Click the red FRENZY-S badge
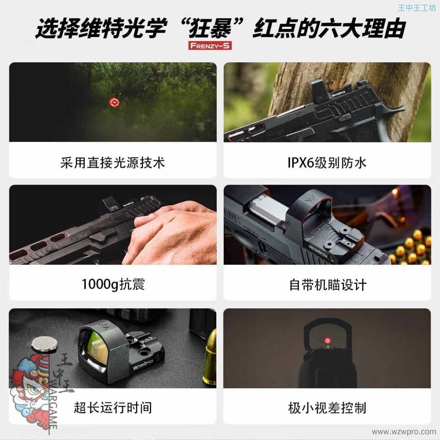[x=210, y=46]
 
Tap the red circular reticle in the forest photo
[x=114, y=102]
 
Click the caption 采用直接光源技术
[x=112, y=163]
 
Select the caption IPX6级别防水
[x=327, y=163]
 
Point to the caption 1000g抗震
[x=113, y=284]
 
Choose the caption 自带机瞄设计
[x=328, y=285]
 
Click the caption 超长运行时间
[x=113, y=407]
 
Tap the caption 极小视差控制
[x=327, y=408]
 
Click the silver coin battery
[x=45, y=344]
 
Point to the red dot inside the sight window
[x=328, y=341]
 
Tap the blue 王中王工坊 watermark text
[x=417, y=8]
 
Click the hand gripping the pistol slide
[x=171, y=233]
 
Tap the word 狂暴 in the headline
[x=211, y=28]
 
